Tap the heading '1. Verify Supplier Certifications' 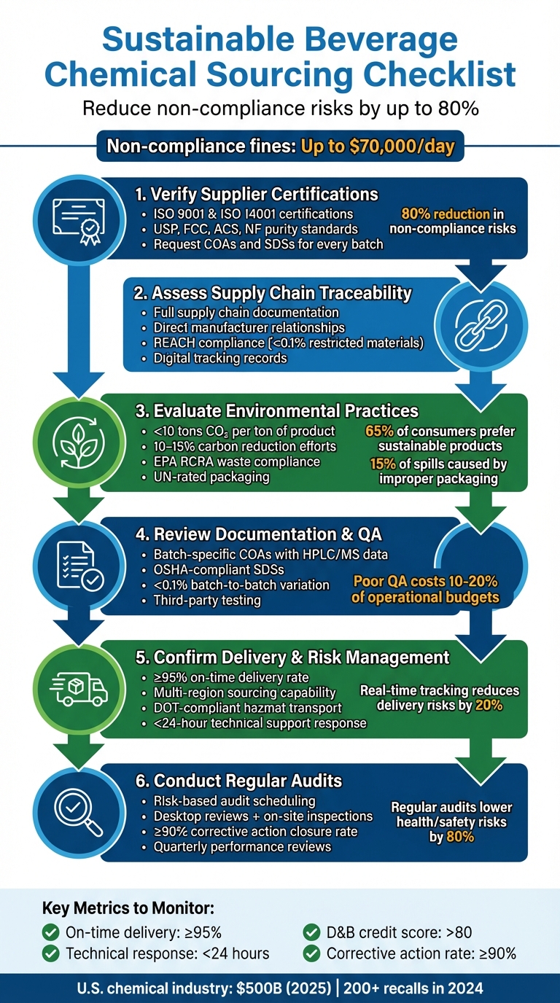[257, 194]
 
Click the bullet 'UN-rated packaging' [211, 477]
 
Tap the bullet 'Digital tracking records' [219, 358]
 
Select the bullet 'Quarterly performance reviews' [242, 846]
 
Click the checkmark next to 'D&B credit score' [311, 932]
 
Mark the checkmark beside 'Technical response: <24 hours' [50, 953]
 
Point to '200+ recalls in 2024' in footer [411, 988]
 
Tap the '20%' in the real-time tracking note [489, 706]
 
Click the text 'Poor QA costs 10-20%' [425, 582]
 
